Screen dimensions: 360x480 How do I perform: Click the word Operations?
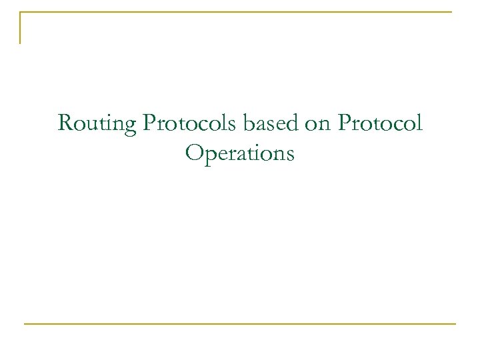point(240,154)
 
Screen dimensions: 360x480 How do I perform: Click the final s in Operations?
point(290,155)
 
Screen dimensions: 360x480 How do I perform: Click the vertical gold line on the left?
point(20,28)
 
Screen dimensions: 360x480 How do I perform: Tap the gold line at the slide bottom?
point(240,324)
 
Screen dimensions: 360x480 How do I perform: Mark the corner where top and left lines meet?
point(20,12)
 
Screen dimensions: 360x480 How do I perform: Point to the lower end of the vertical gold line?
point(20,43)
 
